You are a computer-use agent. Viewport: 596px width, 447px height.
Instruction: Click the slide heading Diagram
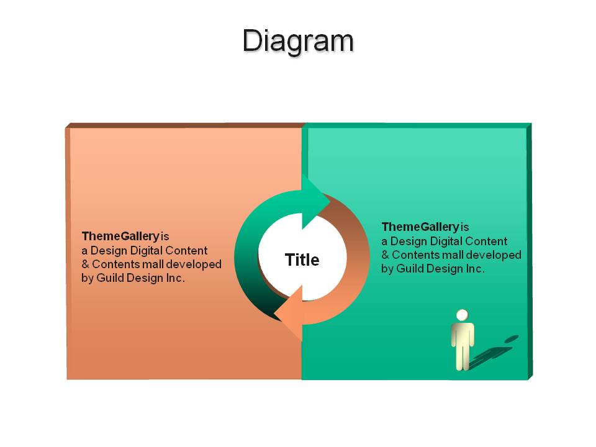click(299, 41)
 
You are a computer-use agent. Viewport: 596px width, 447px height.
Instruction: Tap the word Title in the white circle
click(302, 260)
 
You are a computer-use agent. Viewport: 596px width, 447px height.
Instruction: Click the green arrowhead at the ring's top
click(315, 201)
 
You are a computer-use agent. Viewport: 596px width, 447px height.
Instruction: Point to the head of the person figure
click(462, 315)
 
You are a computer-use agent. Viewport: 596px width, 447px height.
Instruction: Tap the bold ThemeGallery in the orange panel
click(120, 237)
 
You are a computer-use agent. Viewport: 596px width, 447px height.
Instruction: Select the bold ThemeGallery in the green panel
click(420, 227)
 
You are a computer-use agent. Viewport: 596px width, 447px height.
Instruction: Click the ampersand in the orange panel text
click(85, 264)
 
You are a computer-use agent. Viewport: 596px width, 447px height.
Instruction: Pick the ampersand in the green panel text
click(385, 255)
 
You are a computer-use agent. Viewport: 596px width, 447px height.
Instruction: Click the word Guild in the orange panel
click(111, 278)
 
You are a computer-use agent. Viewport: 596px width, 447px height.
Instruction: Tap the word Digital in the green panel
click(445, 241)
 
